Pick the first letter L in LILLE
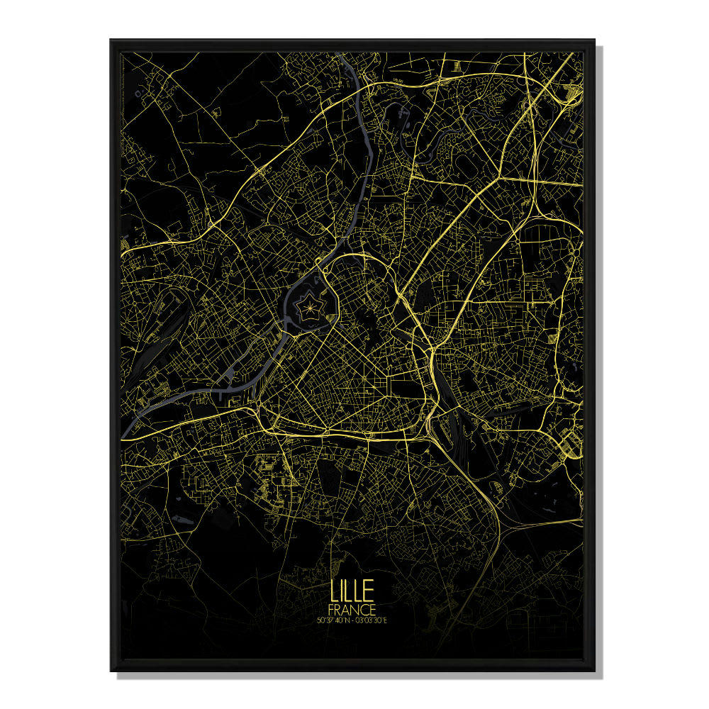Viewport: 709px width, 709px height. coord(333,592)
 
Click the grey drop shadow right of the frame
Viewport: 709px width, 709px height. coord(600,354)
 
